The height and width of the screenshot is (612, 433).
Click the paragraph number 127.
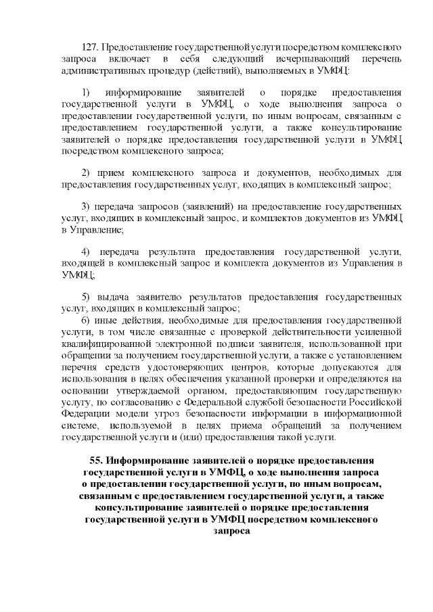point(90,49)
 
